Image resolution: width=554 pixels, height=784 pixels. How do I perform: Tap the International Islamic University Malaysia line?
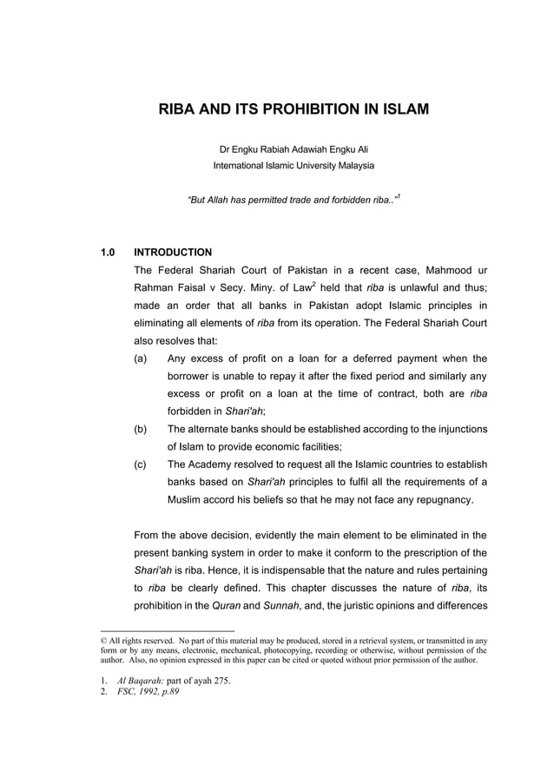(293, 165)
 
